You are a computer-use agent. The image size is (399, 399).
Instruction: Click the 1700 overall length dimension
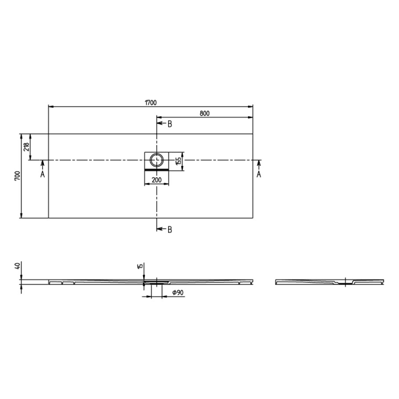tap(150, 102)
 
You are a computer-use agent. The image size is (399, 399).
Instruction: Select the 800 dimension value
tap(205, 113)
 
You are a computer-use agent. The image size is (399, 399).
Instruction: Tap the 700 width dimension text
tap(17, 176)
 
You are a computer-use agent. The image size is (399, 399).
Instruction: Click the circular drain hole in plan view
tap(157, 158)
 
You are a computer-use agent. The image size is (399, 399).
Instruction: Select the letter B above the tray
tap(169, 124)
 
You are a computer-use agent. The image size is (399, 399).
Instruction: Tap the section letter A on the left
tap(42, 174)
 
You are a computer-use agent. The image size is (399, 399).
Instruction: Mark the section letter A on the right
tap(258, 174)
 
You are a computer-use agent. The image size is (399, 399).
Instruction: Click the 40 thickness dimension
tap(18, 266)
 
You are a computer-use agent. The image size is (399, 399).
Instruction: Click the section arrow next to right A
tap(258, 164)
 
